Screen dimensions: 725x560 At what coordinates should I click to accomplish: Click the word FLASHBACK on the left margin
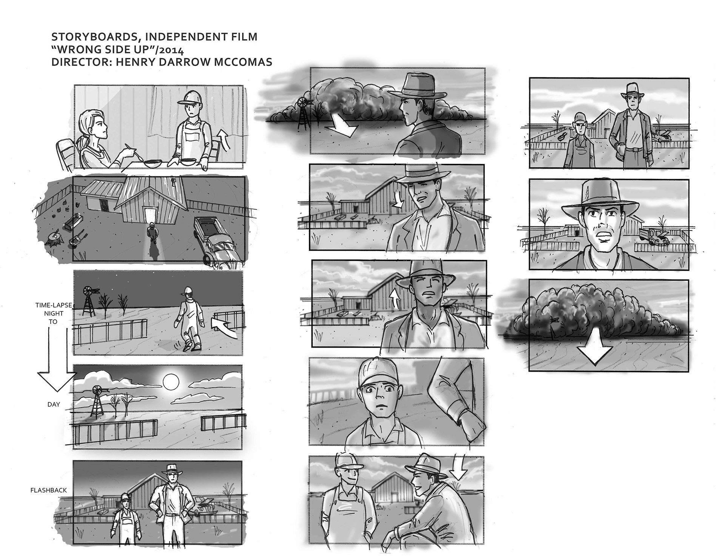pyautogui.click(x=48, y=490)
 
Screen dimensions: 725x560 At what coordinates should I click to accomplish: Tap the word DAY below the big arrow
pyautogui.click(x=54, y=404)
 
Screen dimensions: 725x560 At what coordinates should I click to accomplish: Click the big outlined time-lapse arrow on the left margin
pyautogui.click(x=57, y=358)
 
